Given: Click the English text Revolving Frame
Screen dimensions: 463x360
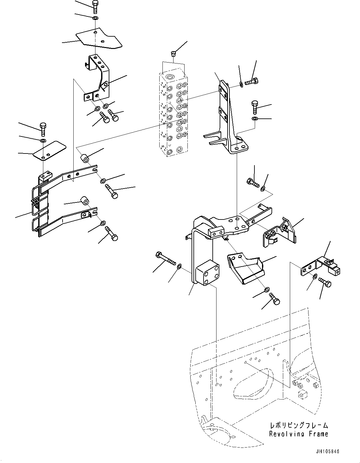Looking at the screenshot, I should click(298, 434).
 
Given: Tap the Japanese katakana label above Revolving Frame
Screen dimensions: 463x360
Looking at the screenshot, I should click(298, 425).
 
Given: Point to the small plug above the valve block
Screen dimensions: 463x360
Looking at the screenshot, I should click(173, 54).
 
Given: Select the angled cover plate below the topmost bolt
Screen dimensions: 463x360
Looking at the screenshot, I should click(98, 40).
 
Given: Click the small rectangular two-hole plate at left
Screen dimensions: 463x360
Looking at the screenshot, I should click(50, 150).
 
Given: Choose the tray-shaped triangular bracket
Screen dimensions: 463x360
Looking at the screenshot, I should click(243, 267).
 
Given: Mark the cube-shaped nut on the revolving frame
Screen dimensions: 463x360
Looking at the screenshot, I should click(302, 394).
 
